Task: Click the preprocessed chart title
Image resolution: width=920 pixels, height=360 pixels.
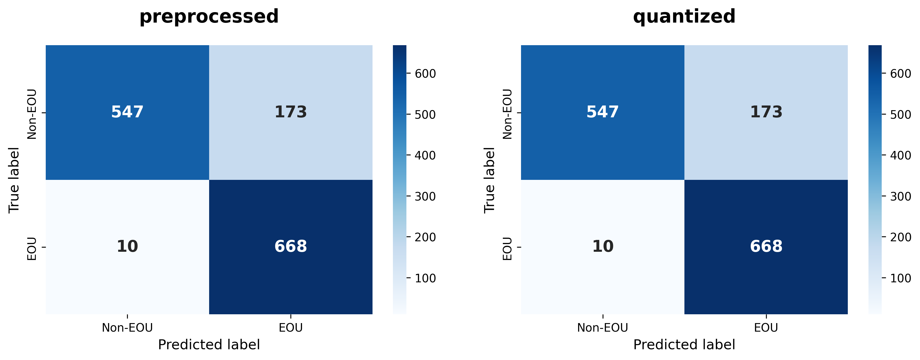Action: coord(209,17)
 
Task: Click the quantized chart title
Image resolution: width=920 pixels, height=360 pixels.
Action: coord(684,17)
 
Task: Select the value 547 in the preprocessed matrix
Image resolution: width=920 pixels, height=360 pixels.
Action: coord(127,112)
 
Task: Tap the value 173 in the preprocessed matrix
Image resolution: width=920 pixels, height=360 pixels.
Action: coord(291,112)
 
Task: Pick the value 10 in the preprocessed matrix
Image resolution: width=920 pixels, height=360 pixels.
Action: coord(127,247)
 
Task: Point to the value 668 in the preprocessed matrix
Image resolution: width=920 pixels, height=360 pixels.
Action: coord(291,247)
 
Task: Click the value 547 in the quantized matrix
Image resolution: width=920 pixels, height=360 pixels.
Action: coord(603,112)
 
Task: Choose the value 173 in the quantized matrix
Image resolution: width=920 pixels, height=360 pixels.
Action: coord(766,112)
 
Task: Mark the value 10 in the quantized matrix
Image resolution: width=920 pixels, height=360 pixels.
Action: coord(603,247)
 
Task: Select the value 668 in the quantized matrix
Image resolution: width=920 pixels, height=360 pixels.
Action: coord(766,247)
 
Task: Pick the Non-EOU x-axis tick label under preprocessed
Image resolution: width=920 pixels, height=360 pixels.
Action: coord(127,328)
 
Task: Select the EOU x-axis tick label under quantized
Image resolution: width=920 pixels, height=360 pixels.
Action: coord(766,328)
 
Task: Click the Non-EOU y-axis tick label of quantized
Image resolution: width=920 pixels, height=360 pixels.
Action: coord(508,113)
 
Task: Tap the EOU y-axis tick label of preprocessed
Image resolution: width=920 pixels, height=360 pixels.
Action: coord(32,248)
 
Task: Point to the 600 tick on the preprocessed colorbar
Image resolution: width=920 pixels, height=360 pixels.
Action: coord(425,74)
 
